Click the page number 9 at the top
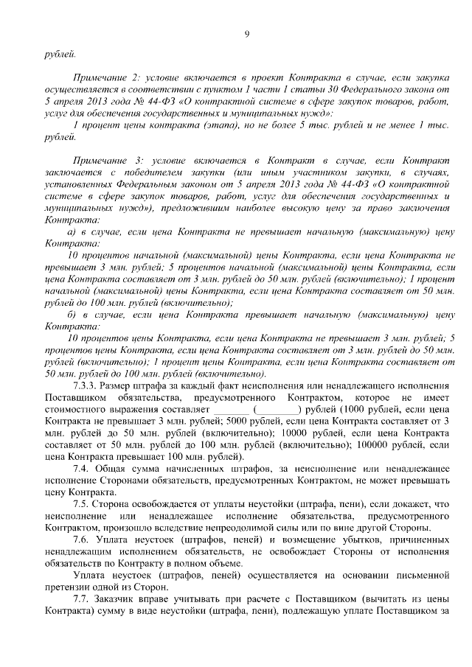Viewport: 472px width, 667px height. point(247,33)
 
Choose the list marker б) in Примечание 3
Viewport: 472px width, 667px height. point(73,315)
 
